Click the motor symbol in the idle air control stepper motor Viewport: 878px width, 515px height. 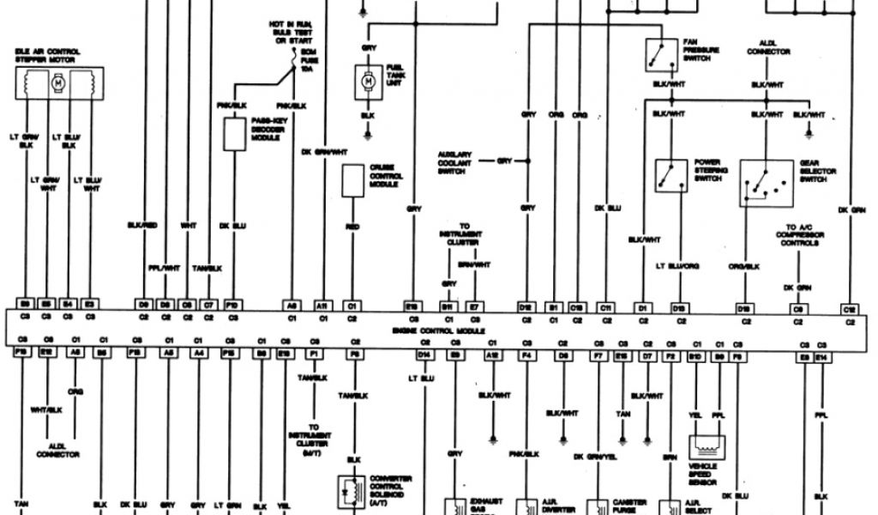pos(58,84)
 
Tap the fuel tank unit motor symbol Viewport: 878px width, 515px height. pos(368,81)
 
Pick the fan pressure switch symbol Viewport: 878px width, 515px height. pos(658,55)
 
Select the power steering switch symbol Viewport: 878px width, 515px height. pos(671,175)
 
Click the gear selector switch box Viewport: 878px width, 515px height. pos(766,183)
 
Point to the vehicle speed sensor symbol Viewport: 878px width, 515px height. pos(708,447)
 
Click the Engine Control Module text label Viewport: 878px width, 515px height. pos(438,330)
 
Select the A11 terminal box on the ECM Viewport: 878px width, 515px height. pos(323,305)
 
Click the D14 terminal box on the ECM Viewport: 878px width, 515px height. pos(424,353)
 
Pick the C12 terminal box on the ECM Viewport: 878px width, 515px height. pos(850,307)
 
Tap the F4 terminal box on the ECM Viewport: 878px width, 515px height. pos(526,353)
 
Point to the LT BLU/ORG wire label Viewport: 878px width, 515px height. pos(677,267)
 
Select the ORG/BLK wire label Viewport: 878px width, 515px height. pos(745,267)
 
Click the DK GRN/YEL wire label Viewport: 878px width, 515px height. pos(595,455)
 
